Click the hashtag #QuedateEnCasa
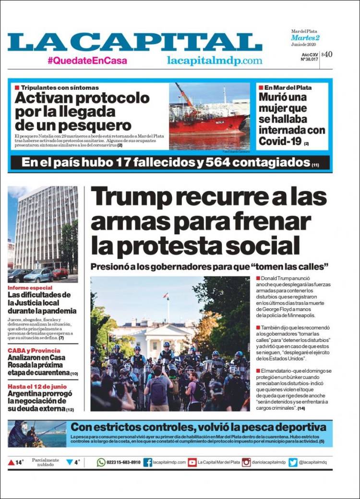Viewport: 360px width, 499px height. (x=87, y=61)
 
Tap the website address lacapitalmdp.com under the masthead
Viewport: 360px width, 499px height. (x=215, y=61)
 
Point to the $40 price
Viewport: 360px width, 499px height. (x=327, y=54)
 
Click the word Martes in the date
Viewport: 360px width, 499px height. (x=300, y=37)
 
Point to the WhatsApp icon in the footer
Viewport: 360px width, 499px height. (x=101, y=462)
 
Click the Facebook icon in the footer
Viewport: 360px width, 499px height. (x=148, y=462)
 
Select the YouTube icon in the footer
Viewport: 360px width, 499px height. (x=192, y=462)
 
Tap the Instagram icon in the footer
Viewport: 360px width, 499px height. (x=246, y=462)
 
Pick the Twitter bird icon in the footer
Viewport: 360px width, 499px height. (x=293, y=462)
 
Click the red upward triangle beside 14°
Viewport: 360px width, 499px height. (x=11, y=462)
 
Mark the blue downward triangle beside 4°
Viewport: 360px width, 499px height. (x=70, y=462)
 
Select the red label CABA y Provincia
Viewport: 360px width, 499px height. (x=31, y=350)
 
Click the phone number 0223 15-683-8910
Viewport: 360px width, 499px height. (x=123, y=462)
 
